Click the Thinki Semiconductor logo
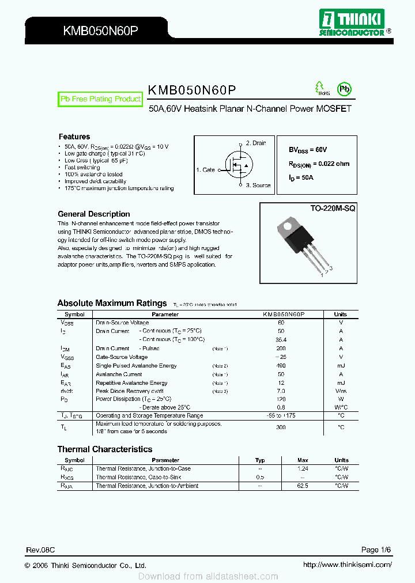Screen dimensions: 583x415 (x=352, y=24)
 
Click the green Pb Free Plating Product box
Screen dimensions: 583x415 (x=100, y=99)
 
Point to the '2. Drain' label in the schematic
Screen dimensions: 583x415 (x=256, y=143)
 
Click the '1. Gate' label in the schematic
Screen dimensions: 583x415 (x=205, y=170)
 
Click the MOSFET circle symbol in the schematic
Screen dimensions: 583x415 (x=238, y=165)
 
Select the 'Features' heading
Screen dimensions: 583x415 (x=74, y=137)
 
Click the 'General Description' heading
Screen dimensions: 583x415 (x=94, y=214)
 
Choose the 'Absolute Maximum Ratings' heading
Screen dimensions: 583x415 (x=112, y=303)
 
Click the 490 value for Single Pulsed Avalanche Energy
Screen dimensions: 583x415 (x=281, y=366)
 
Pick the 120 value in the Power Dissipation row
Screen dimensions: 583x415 (x=281, y=399)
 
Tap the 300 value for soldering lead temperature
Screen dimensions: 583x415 (x=281, y=427)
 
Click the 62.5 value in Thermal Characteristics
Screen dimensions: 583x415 (x=303, y=486)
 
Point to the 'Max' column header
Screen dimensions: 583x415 (x=303, y=460)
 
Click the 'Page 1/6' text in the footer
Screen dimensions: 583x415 (x=376, y=550)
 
